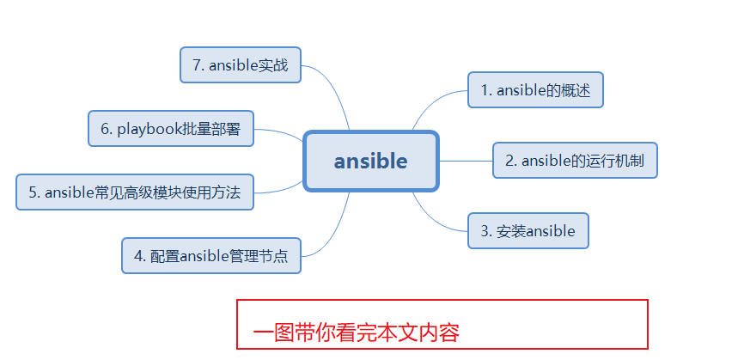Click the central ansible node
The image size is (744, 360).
(x=371, y=161)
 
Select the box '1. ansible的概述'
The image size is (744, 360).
(x=535, y=90)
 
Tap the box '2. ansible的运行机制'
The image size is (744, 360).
(x=575, y=161)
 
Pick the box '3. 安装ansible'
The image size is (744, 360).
(x=528, y=230)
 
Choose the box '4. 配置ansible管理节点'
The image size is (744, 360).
(x=211, y=255)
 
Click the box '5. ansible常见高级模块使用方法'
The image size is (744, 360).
(x=135, y=192)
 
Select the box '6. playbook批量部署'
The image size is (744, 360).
(x=171, y=129)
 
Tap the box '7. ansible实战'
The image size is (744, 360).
(x=241, y=65)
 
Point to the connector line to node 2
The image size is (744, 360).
(x=466, y=161)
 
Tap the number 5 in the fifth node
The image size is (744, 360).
(x=33, y=192)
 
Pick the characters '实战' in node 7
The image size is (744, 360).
(x=273, y=65)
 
